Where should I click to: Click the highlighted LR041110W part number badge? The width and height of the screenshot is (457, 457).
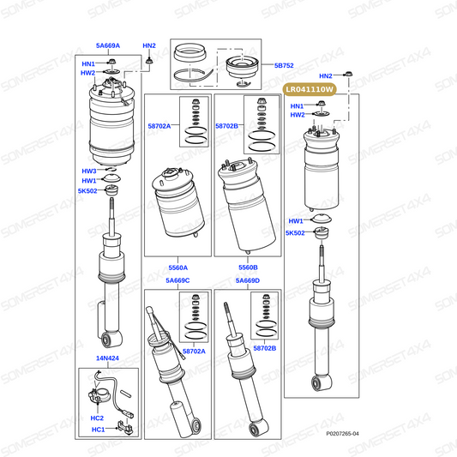coord(310,89)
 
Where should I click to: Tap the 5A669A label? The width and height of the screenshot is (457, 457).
coord(108,45)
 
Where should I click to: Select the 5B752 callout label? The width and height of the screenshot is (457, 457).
coord(284,65)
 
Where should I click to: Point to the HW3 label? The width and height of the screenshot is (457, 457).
coord(89,171)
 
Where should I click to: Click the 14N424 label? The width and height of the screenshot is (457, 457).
coord(107,358)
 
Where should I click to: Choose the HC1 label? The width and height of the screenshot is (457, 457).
coord(98,430)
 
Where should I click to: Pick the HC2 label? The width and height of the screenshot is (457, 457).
coord(97,418)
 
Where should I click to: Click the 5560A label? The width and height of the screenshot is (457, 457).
coord(178,268)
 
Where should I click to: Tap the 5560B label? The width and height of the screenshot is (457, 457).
coord(248,268)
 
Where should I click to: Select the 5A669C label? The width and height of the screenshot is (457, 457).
coord(177,280)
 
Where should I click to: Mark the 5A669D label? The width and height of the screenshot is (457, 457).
coord(248,280)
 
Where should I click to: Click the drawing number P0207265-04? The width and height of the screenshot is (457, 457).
coord(342,433)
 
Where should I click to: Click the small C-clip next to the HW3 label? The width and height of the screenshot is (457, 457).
coord(111,170)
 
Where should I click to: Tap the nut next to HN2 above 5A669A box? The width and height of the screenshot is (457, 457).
coord(149,61)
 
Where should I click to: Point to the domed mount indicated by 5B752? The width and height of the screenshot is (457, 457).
coord(243,68)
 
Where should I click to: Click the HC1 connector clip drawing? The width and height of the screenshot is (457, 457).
coord(124,428)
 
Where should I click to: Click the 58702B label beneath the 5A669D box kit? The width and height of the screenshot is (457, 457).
coord(265,348)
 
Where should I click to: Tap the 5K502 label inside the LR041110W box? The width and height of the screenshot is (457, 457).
coord(295,233)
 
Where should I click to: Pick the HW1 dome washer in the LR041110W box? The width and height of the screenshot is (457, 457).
coord(322,219)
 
